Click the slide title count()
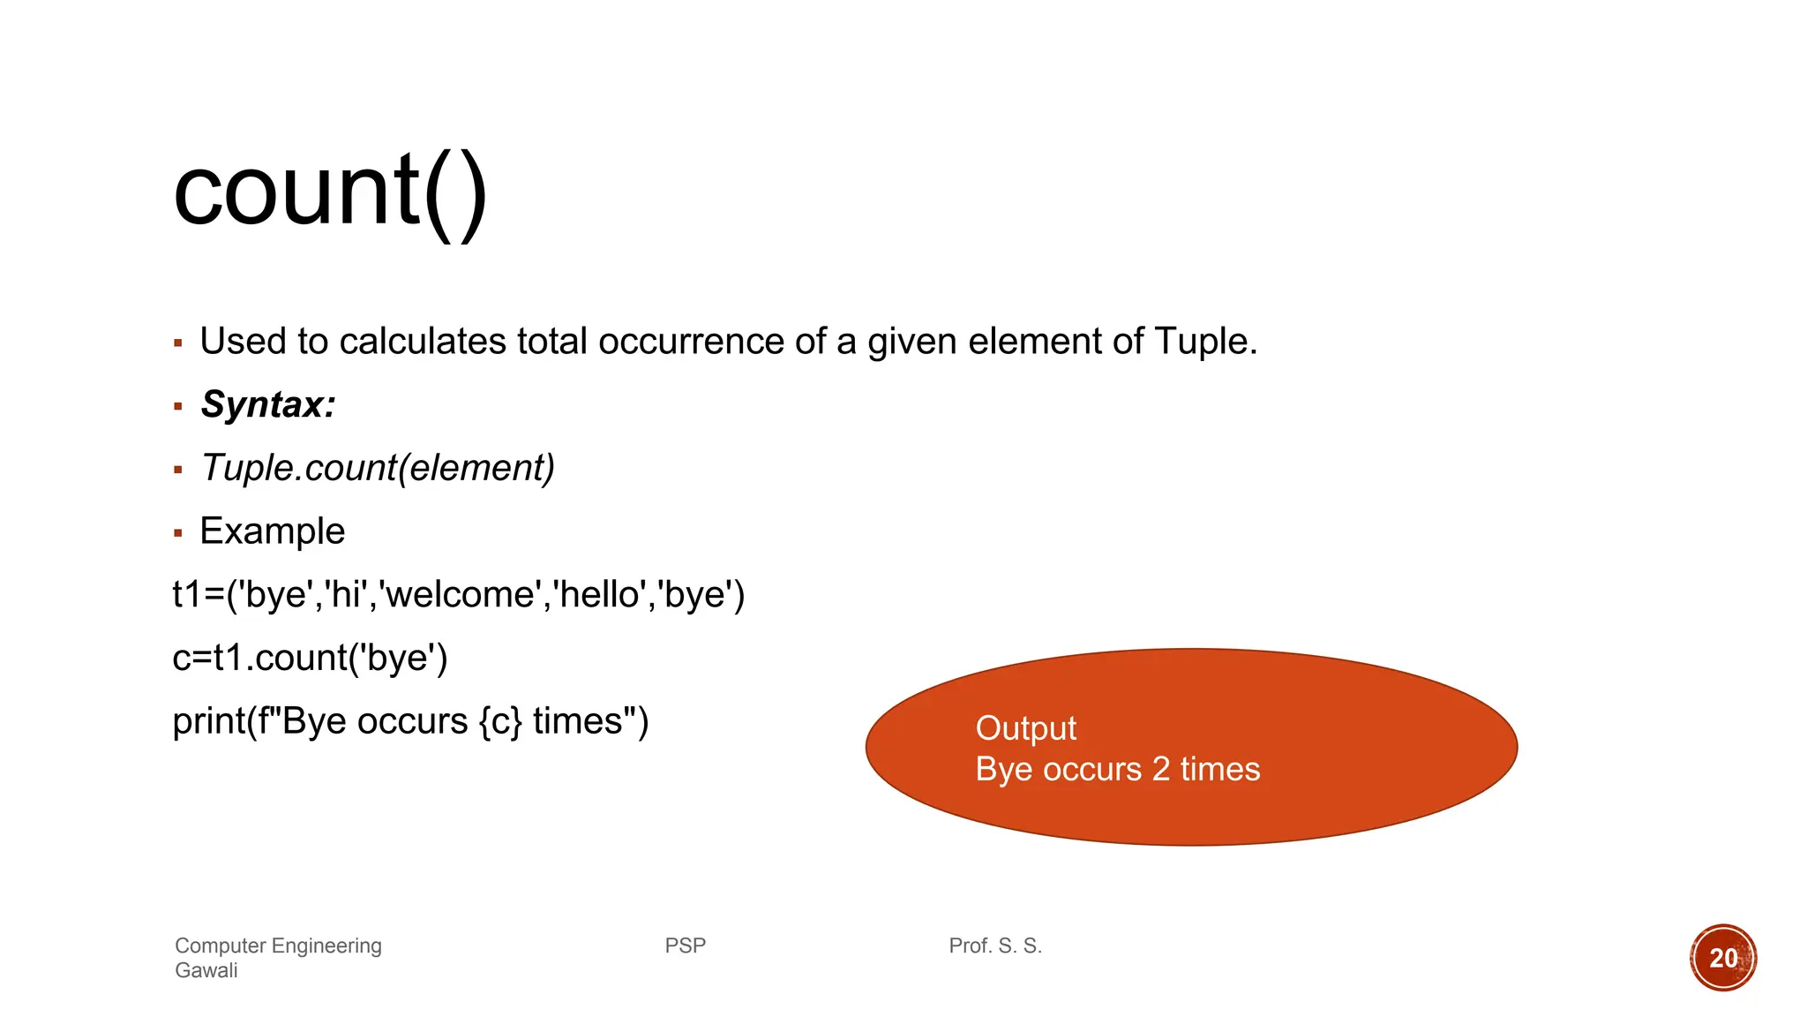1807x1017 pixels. coord(330,192)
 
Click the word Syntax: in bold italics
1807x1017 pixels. coord(268,405)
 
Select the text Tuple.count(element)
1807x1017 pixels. coord(378,468)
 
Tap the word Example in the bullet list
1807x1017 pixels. coord(273,531)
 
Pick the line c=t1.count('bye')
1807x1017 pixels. coord(310,659)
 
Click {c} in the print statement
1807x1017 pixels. coord(500,722)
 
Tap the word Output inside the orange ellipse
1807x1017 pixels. coord(1025,729)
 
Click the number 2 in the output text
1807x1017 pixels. coord(1161,770)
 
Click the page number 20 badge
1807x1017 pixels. coord(1723,958)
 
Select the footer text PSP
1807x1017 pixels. coord(686,946)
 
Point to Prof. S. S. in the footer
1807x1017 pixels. coord(995,946)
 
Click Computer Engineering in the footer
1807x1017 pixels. coord(278,946)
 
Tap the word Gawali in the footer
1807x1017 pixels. coord(206,971)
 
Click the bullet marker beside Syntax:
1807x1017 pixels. coord(178,407)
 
